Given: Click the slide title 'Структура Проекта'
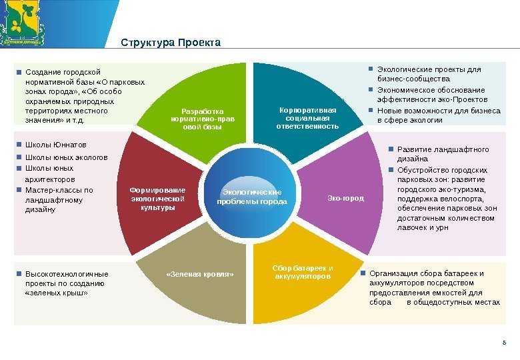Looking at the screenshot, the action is (x=170, y=43).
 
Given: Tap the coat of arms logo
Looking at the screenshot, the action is (x=23, y=22).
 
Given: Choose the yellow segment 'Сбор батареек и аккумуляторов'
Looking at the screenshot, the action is (x=303, y=280).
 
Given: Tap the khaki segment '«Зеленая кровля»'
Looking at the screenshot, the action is (x=200, y=280).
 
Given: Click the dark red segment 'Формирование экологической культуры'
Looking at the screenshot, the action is (x=157, y=198).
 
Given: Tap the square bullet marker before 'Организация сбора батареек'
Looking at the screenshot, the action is (x=363, y=273).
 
